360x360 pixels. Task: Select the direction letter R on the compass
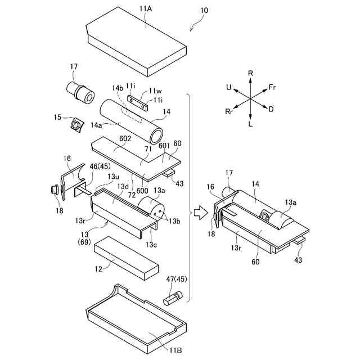pyautogui.click(x=250, y=73)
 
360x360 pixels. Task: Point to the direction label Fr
pyautogui.click(x=273, y=87)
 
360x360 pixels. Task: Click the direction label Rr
pyautogui.click(x=229, y=112)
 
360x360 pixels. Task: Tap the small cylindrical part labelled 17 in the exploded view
pyautogui.click(x=80, y=93)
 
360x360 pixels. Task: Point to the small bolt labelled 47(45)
pyautogui.click(x=172, y=298)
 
